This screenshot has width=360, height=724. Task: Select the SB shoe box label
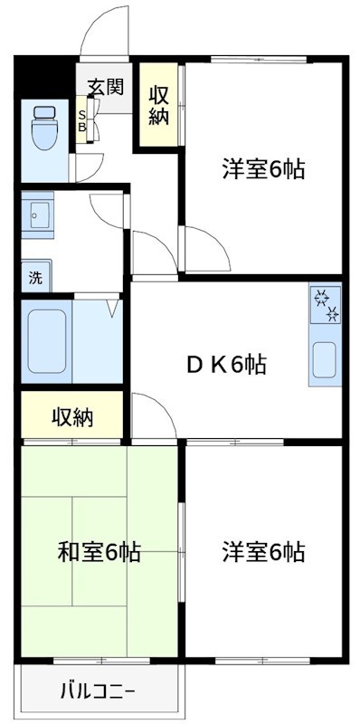81,120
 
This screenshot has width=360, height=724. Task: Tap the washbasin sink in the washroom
39,214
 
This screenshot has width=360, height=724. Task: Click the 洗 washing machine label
35,278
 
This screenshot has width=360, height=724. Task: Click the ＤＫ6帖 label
225,365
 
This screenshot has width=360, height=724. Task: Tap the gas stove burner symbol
324,306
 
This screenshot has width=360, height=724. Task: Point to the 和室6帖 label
99,551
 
